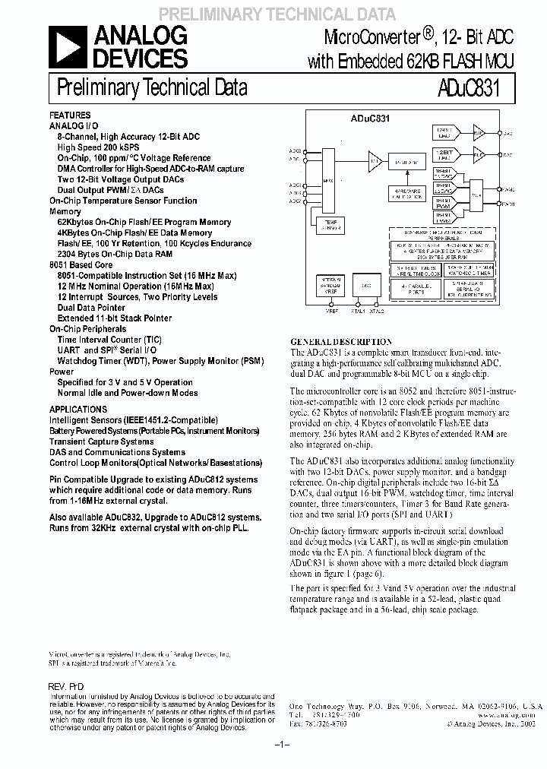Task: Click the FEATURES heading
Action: [x=70, y=116]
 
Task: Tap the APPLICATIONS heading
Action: [x=78, y=409]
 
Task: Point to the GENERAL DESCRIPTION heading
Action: [x=342, y=342]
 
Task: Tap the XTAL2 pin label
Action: [x=376, y=311]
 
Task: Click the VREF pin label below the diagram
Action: [x=332, y=311]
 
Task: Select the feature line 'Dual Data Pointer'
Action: [x=91, y=308]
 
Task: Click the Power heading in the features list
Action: [x=62, y=372]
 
